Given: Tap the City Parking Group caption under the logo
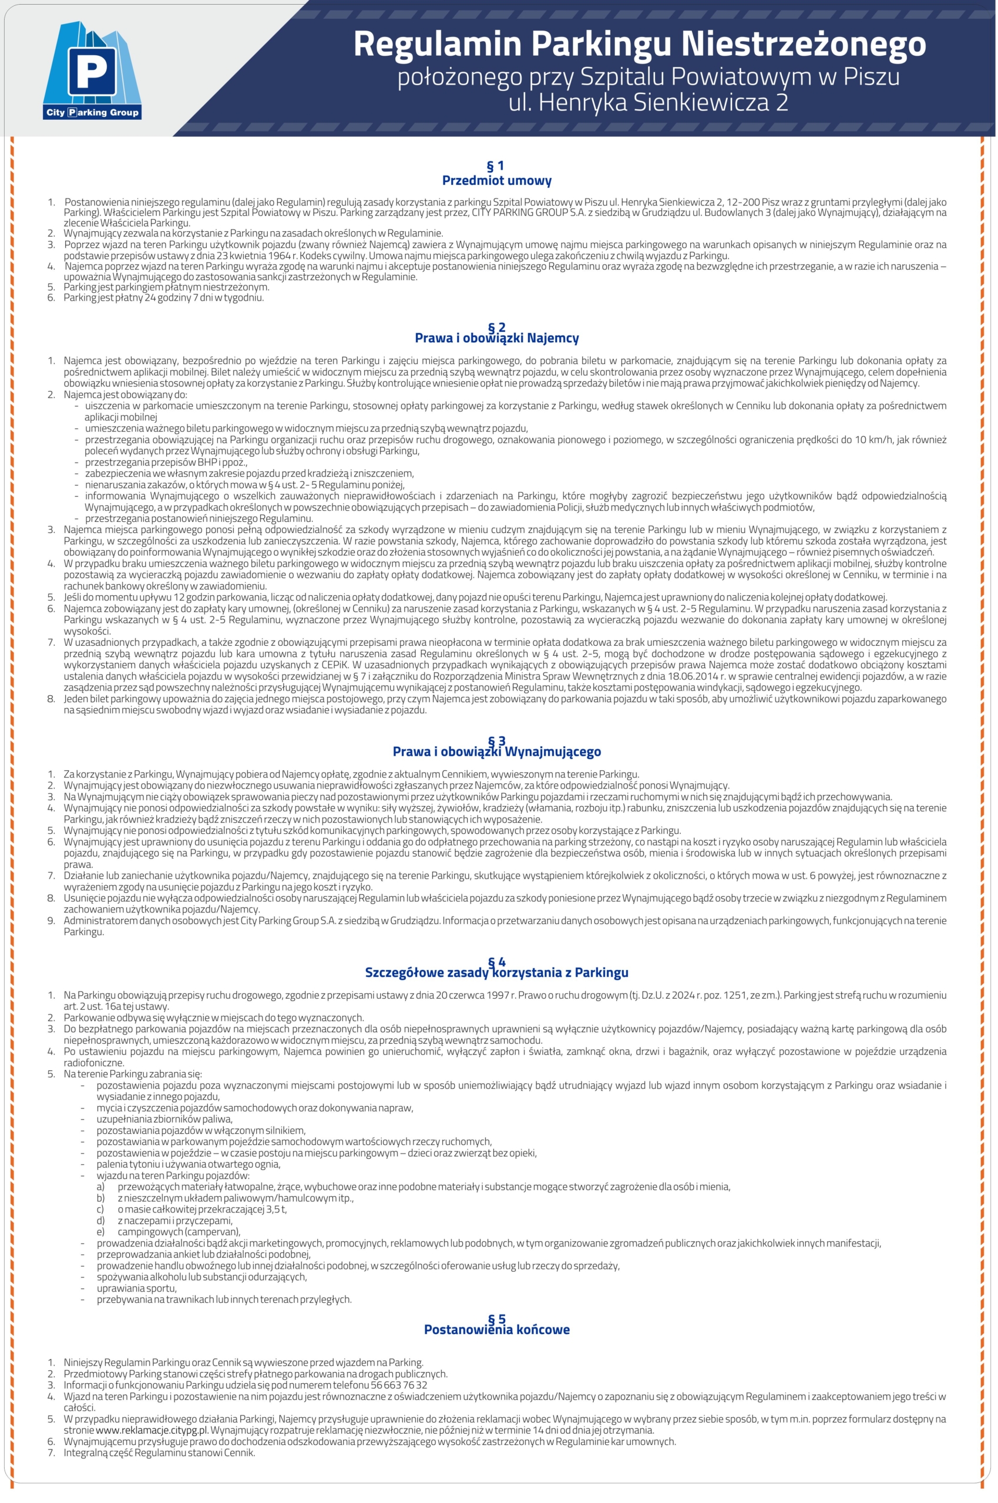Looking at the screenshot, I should coord(92,113).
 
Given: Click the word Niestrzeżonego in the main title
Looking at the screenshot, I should coord(803,45).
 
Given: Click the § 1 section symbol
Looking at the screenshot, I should coord(496,166).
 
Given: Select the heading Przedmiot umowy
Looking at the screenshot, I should coord(496,181).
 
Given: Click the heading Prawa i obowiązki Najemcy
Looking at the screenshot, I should coord(496,338).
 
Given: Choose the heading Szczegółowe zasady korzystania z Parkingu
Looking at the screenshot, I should coord(496,972).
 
